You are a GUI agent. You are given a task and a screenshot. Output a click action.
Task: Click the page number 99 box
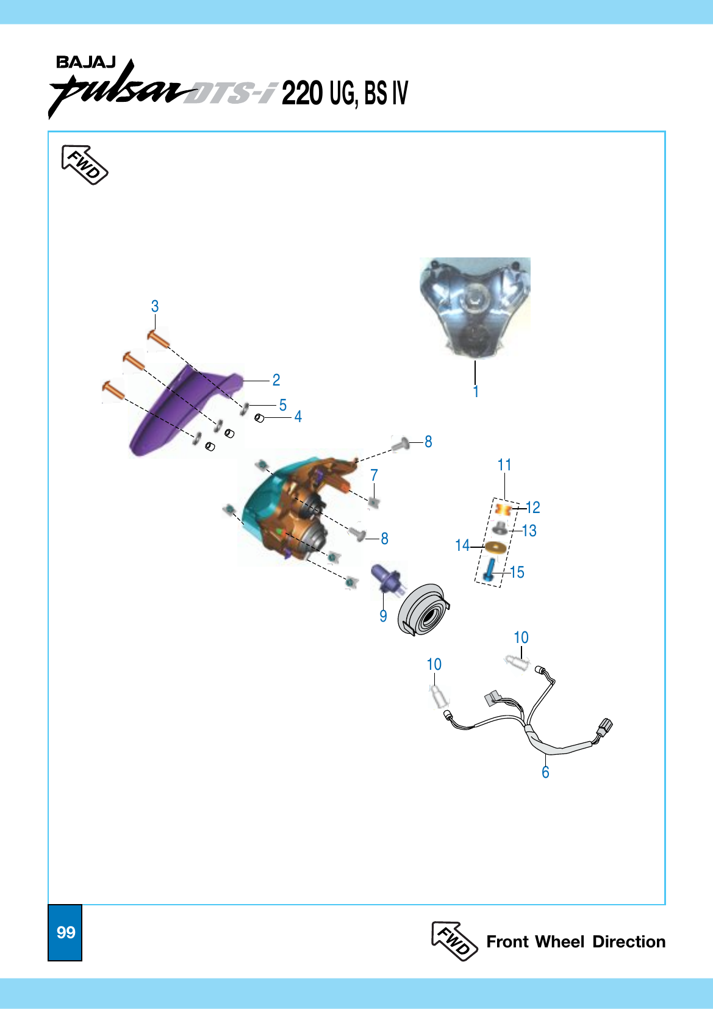[65, 932]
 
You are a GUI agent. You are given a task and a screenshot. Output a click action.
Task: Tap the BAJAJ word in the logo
[85, 62]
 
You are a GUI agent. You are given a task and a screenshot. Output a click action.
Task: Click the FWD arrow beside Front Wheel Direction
[454, 941]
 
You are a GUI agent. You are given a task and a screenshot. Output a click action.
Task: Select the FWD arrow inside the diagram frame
[84, 165]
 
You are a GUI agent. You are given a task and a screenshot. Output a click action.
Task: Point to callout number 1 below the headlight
[476, 392]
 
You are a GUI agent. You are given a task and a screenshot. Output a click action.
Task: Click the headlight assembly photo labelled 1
[475, 307]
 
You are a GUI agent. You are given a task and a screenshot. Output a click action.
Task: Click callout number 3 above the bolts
[155, 306]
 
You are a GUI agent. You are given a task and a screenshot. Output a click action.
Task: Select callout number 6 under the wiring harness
[545, 772]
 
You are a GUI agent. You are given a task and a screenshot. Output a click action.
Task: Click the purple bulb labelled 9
[387, 578]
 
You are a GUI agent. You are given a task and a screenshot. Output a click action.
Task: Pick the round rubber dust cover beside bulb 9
[424, 609]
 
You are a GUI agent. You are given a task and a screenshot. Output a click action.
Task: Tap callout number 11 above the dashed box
[504, 465]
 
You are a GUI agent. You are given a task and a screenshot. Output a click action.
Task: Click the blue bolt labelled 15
[489, 570]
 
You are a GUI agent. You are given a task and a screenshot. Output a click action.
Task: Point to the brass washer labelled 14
[496, 547]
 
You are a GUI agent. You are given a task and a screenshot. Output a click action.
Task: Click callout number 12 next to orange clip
[532, 508]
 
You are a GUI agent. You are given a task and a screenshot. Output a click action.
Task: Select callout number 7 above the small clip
[374, 475]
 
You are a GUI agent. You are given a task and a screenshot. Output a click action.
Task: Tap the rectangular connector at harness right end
[604, 727]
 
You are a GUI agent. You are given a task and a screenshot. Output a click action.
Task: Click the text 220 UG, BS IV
[345, 93]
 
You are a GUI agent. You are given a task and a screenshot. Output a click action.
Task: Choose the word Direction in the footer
[629, 941]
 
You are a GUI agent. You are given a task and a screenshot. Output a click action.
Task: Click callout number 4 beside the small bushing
[298, 417]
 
